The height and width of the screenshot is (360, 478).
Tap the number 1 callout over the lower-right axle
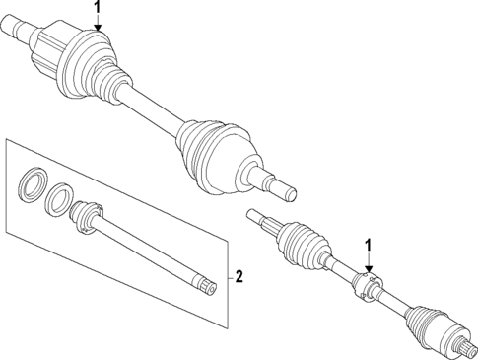pyautogui.click(x=369, y=247)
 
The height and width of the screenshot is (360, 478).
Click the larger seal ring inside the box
pyautogui.click(x=33, y=184)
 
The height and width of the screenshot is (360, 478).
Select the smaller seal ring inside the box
pyautogui.click(x=59, y=197)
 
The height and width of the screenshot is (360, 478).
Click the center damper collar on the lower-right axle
pyautogui.click(x=367, y=287)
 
